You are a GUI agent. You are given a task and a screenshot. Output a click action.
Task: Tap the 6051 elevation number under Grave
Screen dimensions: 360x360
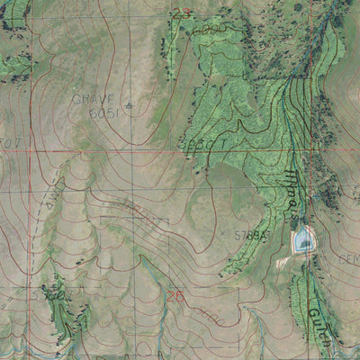(x=103, y=114)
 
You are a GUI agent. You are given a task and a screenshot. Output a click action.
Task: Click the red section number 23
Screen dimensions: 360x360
(x=182, y=13)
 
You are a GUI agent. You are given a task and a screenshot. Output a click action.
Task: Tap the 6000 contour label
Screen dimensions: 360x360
(x=210, y=29)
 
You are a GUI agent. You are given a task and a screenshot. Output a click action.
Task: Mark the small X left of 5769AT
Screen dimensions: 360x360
(x=223, y=233)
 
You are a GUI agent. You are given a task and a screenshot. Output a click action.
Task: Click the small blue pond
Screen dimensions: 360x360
(x=304, y=238)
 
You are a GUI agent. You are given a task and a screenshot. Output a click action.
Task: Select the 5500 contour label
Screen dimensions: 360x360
(x=52, y=294)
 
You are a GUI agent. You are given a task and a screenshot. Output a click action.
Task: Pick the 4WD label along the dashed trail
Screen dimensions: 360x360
(x=142, y=211)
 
